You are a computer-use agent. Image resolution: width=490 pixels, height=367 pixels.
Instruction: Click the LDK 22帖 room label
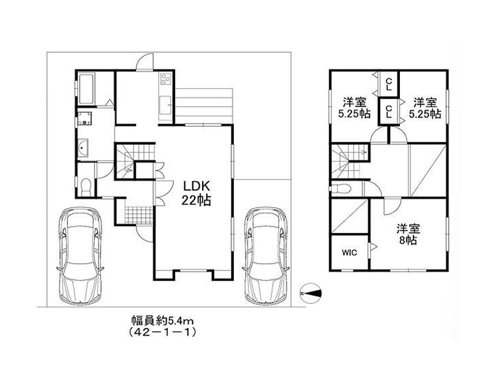[x=196, y=193]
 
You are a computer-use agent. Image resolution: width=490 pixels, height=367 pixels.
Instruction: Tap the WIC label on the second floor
[x=349, y=253]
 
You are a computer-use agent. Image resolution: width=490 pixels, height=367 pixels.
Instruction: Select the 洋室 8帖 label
[x=408, y=234]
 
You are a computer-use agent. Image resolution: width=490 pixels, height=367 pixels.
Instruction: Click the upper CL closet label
[x=389, y=84]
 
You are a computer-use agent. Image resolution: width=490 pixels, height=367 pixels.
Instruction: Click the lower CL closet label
[x=389, y=112]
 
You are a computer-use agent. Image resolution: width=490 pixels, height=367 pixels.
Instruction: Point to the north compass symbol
[x=311, y=294]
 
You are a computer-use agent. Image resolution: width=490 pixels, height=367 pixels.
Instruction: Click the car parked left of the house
[x=80, y=256]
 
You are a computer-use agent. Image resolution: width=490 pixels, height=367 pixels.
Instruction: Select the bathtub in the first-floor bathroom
[x=86, y=89]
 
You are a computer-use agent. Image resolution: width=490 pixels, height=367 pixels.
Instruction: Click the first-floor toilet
[x=85, y=187]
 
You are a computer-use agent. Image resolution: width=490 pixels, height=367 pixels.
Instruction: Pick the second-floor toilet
[x=341, y=189]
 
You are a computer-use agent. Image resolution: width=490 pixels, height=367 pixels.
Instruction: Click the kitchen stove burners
[x=165, y=79]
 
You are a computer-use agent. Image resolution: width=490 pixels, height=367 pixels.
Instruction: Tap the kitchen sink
[x=165, y=106]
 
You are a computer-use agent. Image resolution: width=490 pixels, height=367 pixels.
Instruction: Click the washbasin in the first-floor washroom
[x=83, y=147]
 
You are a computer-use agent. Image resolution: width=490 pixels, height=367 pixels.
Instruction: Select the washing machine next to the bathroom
[x=85, y=119]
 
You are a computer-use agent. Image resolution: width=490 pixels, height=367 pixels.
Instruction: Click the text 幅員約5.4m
[x=162, y=320]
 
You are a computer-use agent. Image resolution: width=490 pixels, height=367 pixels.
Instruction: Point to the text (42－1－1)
[x=162, y=332]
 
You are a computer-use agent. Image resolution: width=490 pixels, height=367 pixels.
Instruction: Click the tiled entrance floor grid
[x=139, y=215]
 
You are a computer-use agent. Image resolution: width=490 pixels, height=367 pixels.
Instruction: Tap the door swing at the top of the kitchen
[x=145, y=62]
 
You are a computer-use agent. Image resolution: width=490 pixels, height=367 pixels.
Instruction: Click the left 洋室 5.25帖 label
[x=355, y=108]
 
